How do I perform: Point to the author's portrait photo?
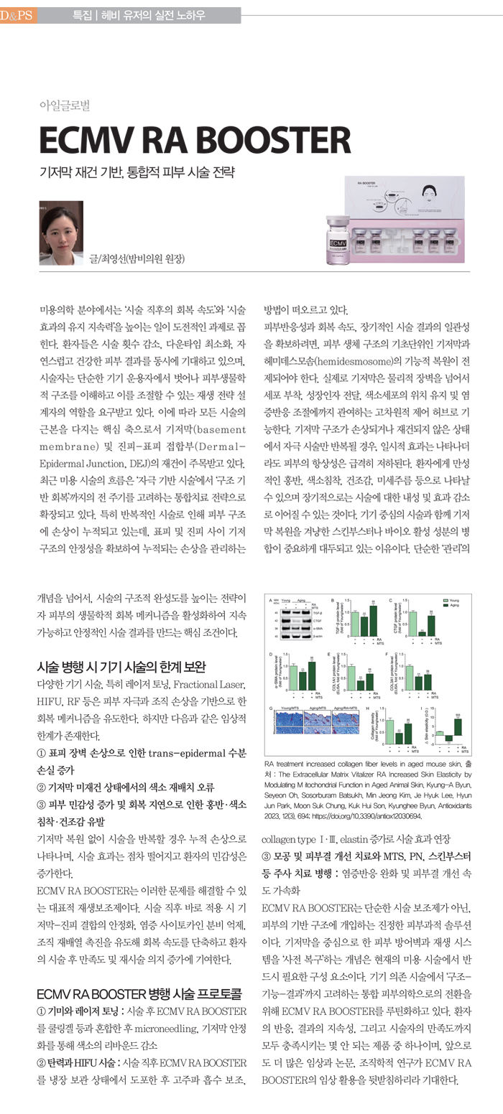tap(60, 233)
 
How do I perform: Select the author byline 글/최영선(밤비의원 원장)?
tap(136, 258)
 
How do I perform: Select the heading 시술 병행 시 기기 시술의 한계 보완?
tap(121, 667)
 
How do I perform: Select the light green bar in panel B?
tap(355, 623)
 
